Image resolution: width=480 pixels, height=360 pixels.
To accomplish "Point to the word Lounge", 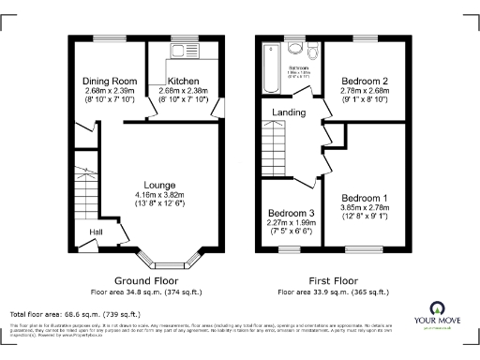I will (158, 184).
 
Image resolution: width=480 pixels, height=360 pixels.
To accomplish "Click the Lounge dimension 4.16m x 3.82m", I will (158, 195).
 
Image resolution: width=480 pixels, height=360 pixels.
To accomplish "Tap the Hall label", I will (97, 232).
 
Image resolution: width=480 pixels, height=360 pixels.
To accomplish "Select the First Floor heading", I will (333, 280).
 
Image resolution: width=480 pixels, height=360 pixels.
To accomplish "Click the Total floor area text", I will (75, 314).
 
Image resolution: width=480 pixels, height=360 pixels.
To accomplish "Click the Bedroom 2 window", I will (361, 37).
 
